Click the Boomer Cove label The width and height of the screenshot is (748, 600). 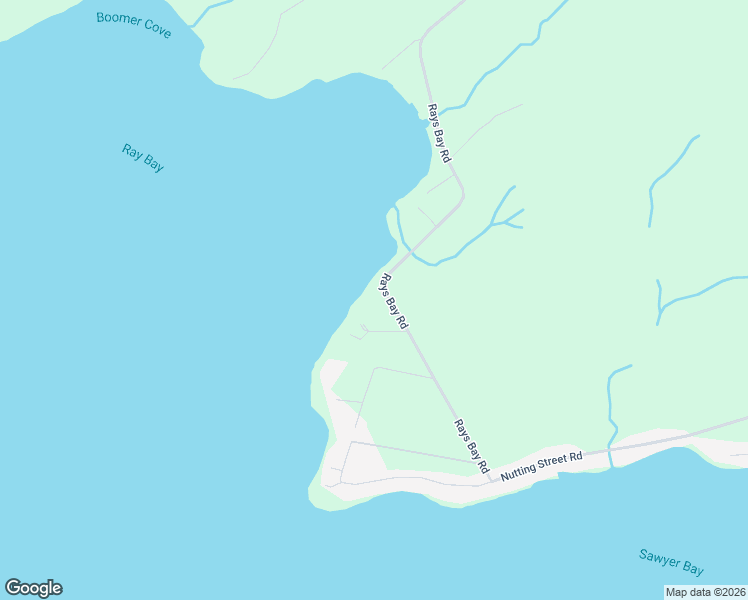[134, 25]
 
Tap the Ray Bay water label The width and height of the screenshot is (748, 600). [143, 158]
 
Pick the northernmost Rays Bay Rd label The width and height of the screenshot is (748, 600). [439, 133]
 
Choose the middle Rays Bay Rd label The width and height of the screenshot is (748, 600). [392, 300]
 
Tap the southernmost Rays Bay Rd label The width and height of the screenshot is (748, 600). [470, 446]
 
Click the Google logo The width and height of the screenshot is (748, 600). [33, 588]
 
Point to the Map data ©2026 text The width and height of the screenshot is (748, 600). [705, 592]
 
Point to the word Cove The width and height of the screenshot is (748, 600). [156, 30]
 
